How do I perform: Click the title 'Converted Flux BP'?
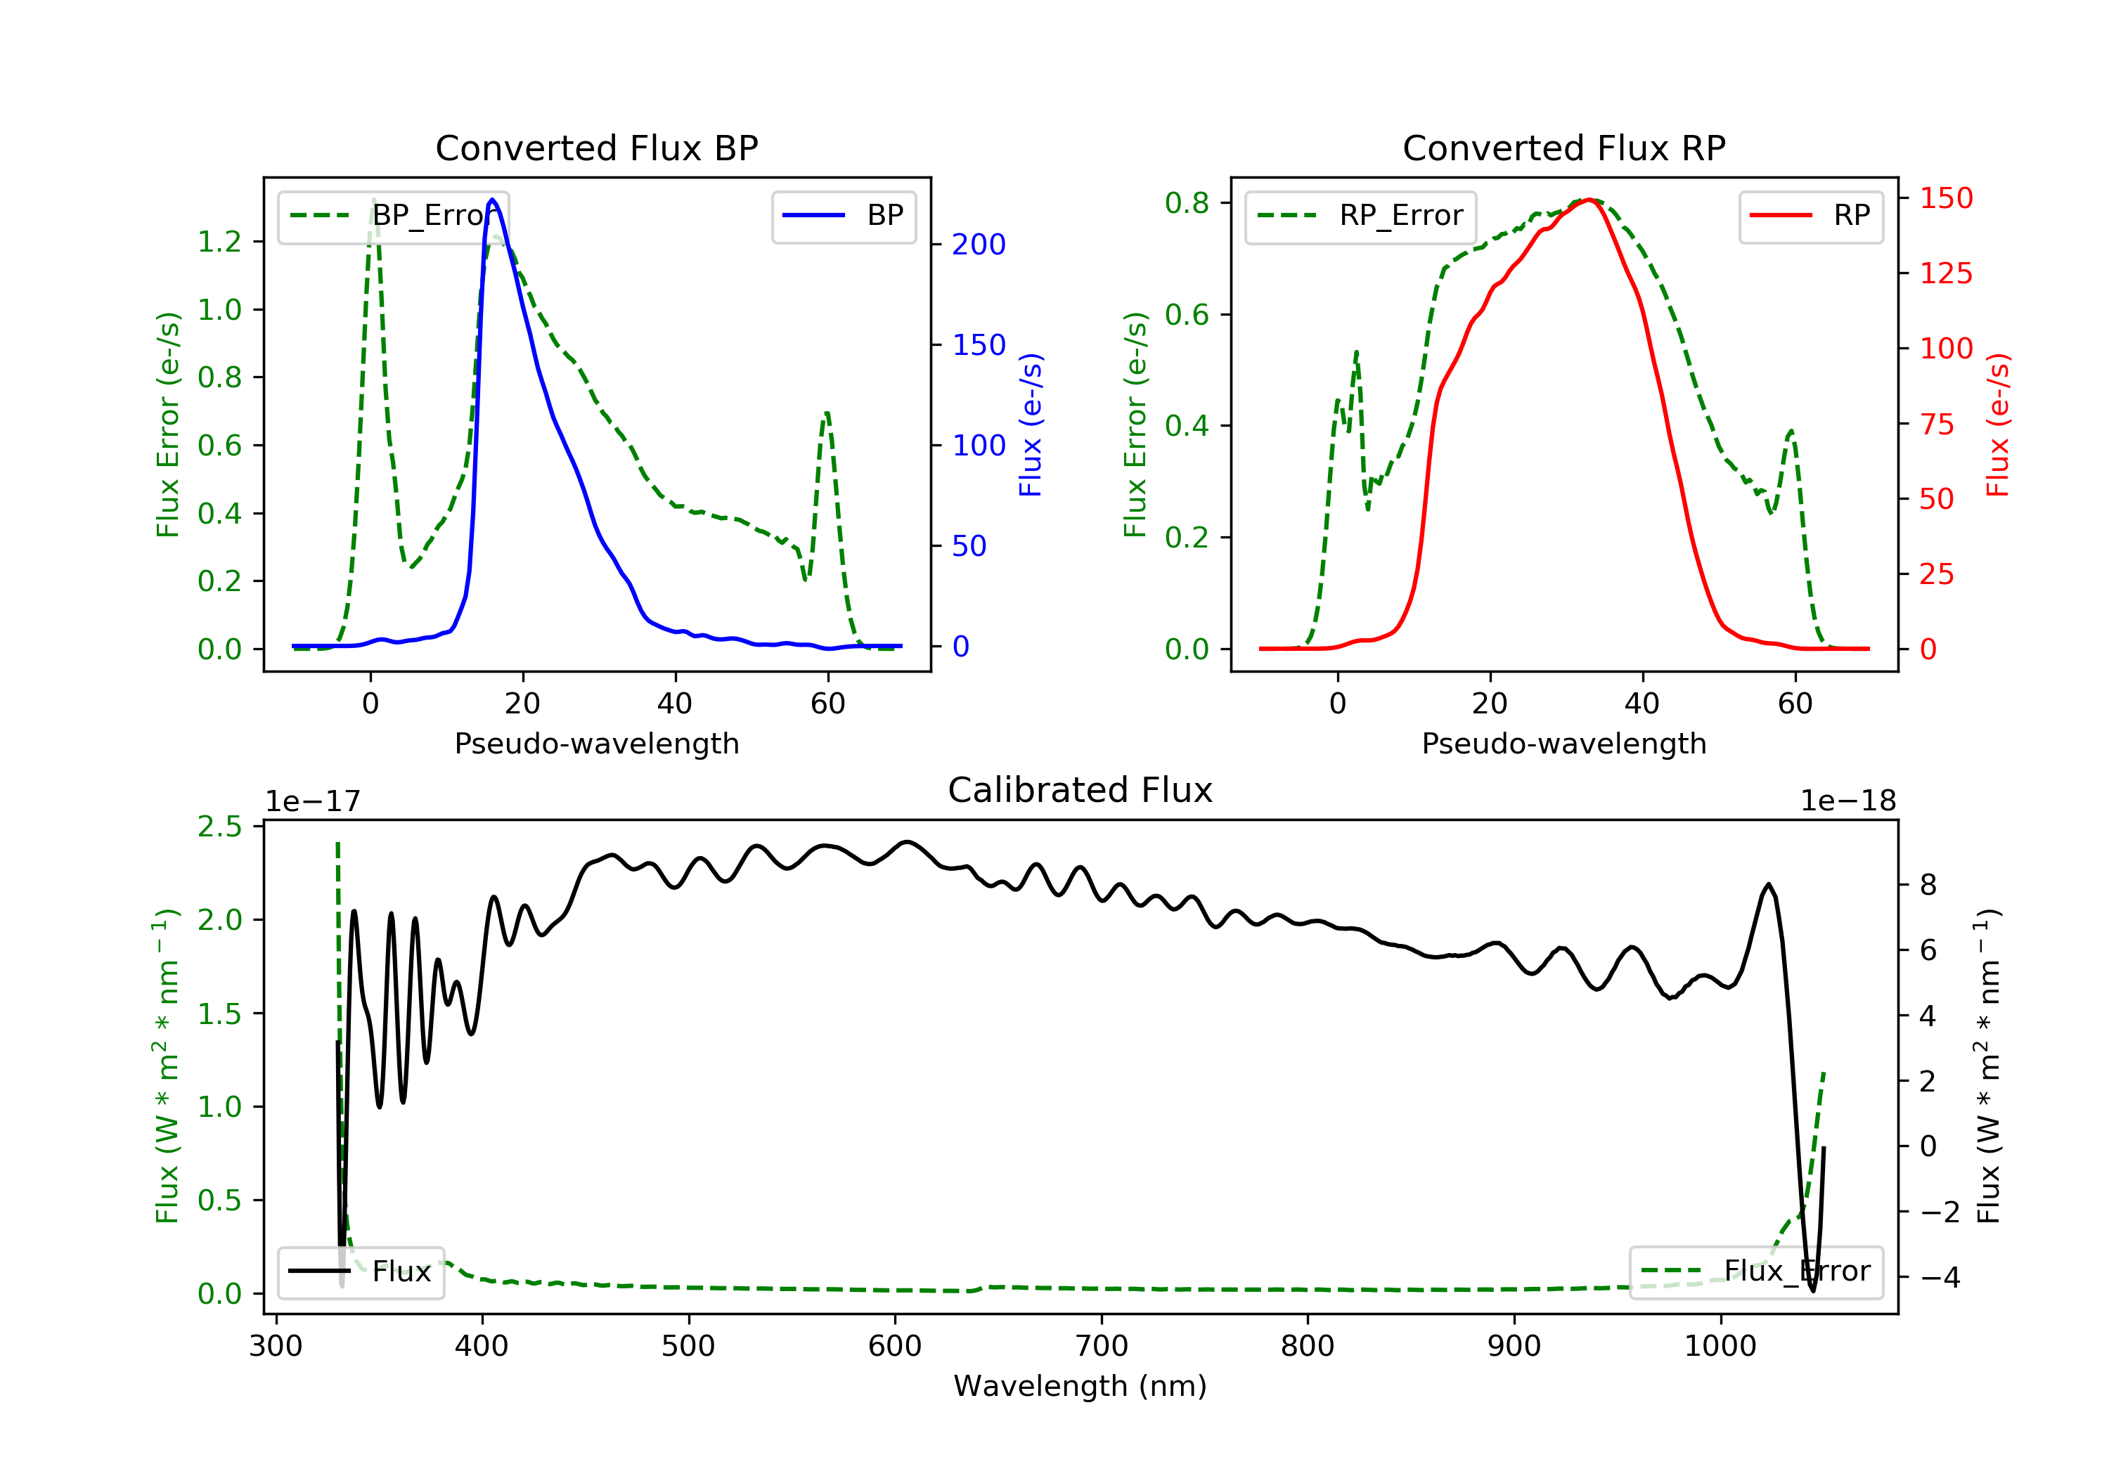tap(596, 148)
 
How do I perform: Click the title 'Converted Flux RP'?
tap(1563, 148)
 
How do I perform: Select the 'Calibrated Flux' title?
tap(1081, 790)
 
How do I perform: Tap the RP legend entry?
tap(1810, 216)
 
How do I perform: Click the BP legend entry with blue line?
tap(843, 216)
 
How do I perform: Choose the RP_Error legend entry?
tap(1360, 216)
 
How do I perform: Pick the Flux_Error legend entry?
tap(1755, 1271)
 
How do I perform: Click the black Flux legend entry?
tap(360, 1271)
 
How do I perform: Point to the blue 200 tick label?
tap(979, 245)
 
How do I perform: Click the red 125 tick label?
tap(1945, 273)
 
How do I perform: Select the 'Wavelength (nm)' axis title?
tap(1081, 1386)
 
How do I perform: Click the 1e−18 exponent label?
tap(1847, 801)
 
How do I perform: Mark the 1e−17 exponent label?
tap(314, 801)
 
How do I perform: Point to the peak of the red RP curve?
tap(1588, 200)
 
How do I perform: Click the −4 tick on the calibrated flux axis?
tap(1939, 1278)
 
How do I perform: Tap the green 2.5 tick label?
tap(219, 827)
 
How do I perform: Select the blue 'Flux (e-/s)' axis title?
tap(1031, 425)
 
